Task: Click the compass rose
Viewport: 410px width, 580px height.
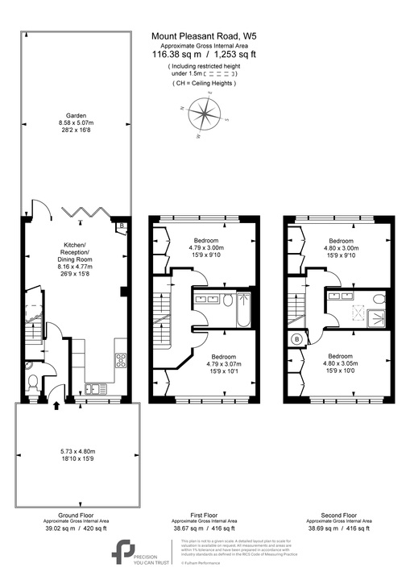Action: [x=207, y=116]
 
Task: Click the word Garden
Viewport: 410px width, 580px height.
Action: [x=77, y=115]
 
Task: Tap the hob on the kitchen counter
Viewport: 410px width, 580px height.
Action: [x=119, y=362]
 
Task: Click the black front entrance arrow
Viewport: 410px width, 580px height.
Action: [x=55, y=405]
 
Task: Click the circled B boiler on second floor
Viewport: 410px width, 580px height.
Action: [x=297, y=339]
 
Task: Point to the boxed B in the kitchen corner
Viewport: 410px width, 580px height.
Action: [x=121, y=226]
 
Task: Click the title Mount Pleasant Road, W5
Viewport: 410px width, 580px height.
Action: [x=205, y=35]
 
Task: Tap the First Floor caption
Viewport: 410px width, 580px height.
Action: [x=205, y=515]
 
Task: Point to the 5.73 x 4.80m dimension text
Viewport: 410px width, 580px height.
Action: [x=76, y=452]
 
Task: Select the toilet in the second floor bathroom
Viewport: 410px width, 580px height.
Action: [x=379, y=298]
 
